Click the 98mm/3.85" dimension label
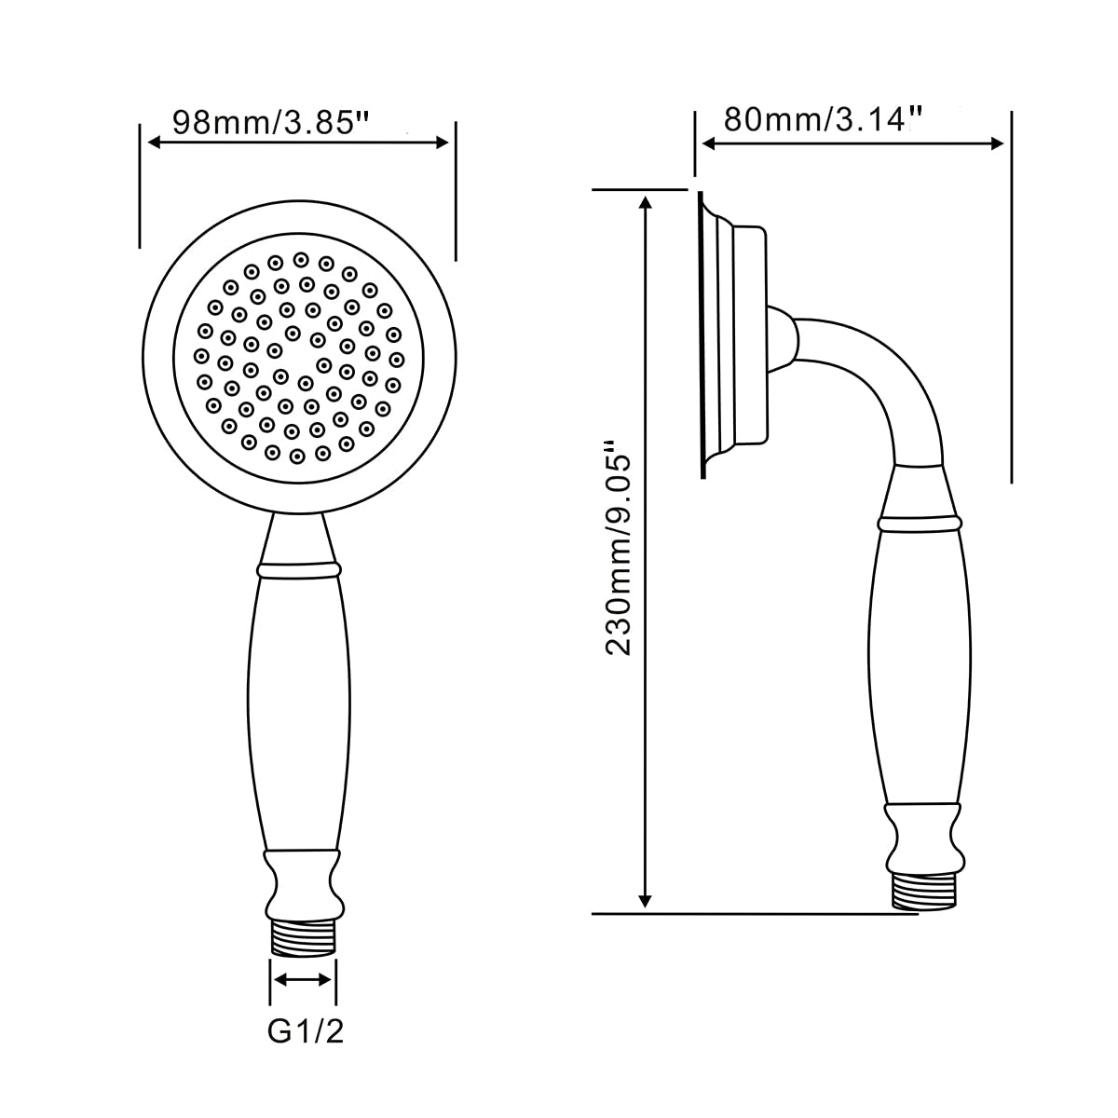(271, 122)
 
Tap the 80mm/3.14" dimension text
(823, 119)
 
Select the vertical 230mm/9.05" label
(618, 548)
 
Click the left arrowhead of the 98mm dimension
(155, 143)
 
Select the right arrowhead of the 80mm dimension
(997, 143)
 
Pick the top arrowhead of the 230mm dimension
(645, 202)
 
